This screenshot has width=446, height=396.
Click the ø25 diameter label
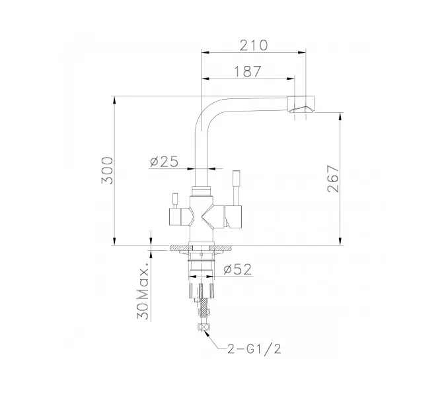tap(164, 161)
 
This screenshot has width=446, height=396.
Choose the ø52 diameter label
tap(237, 269)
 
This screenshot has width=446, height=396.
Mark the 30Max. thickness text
tap(144, 294)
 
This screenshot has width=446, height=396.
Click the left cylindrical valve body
tap(178, 217)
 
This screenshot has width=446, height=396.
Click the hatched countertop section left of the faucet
tap(178, 249)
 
